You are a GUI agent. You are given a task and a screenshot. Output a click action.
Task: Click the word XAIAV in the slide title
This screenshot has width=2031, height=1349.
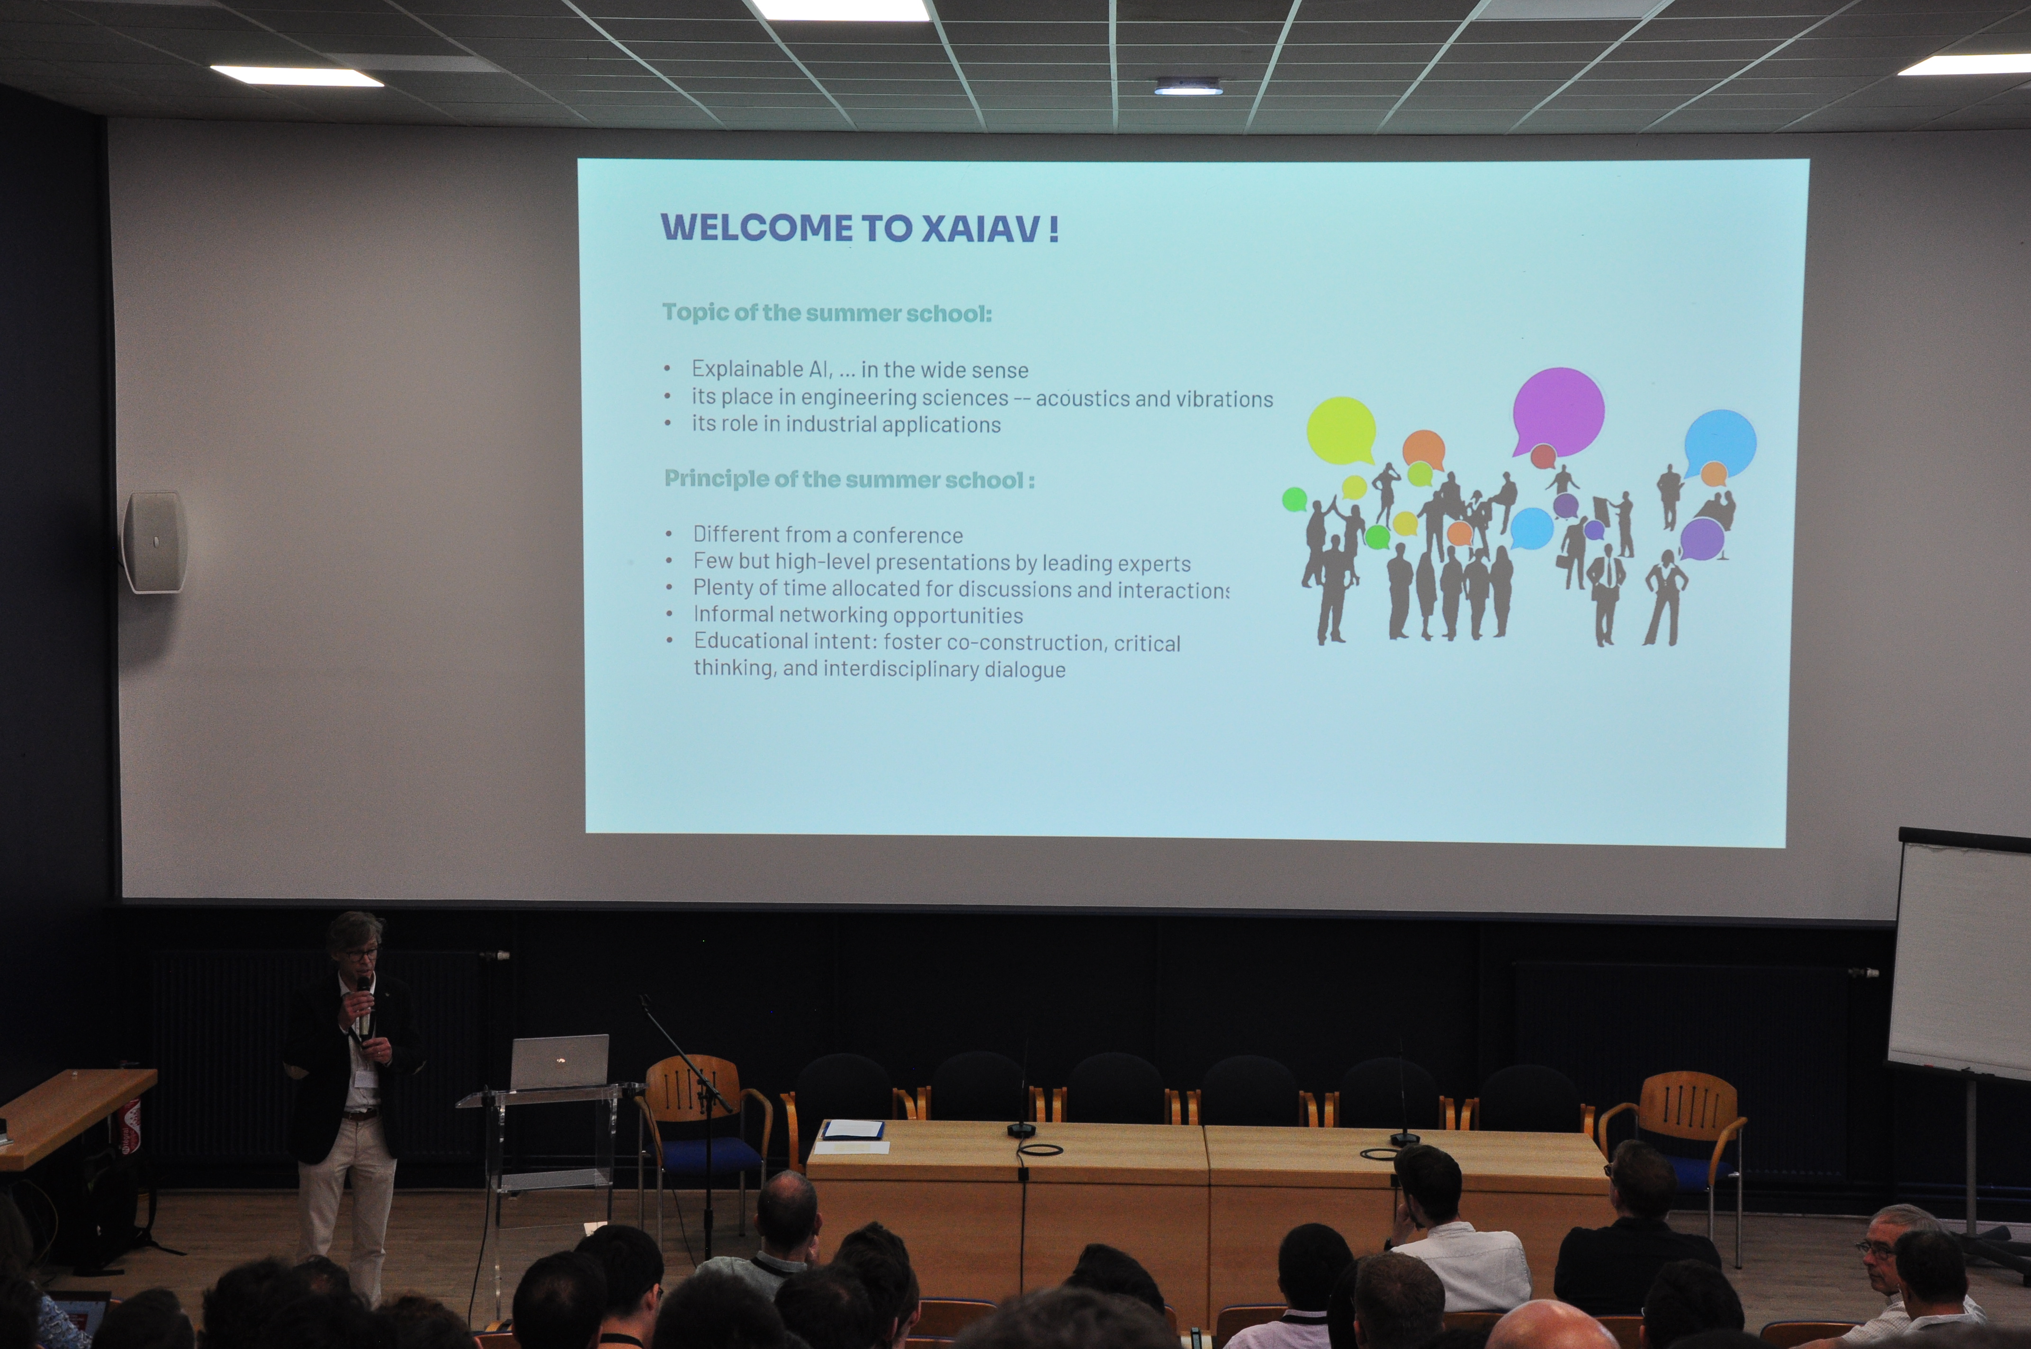pyautogui.click(x=980, y=229)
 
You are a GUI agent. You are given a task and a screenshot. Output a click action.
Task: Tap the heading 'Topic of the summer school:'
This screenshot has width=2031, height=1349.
pyautogui.click(x=827, y=312)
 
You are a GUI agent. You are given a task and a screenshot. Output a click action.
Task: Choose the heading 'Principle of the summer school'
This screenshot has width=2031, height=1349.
pyautogui.click(x=844, y=479)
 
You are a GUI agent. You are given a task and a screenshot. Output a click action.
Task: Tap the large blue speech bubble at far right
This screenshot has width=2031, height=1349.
pyautogui.click(x=1720, y=443)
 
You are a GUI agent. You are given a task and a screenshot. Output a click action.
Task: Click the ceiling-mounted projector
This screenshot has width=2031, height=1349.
pyautogui.click(x=1188, y=86)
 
